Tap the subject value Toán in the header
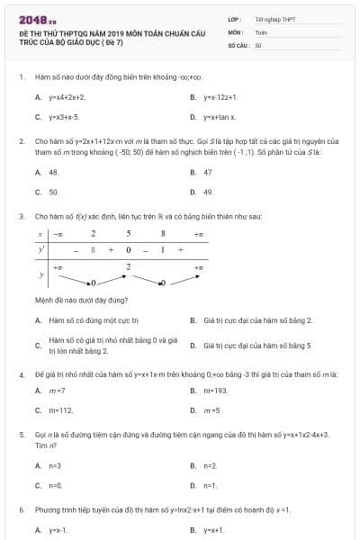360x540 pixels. (261, 31)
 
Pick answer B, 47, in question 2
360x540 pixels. (208, 171)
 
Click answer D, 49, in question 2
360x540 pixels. (208, 192)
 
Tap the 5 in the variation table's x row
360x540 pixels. (128, 233)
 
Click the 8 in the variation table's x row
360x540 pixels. (163, 233)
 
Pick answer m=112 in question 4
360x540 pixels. (61, 409)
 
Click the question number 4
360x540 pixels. (21, 373)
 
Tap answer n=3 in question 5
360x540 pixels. (55, 465)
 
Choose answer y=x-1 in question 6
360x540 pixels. (58, 530)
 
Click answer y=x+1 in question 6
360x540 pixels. (214, 530)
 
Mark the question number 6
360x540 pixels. (21, 509)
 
